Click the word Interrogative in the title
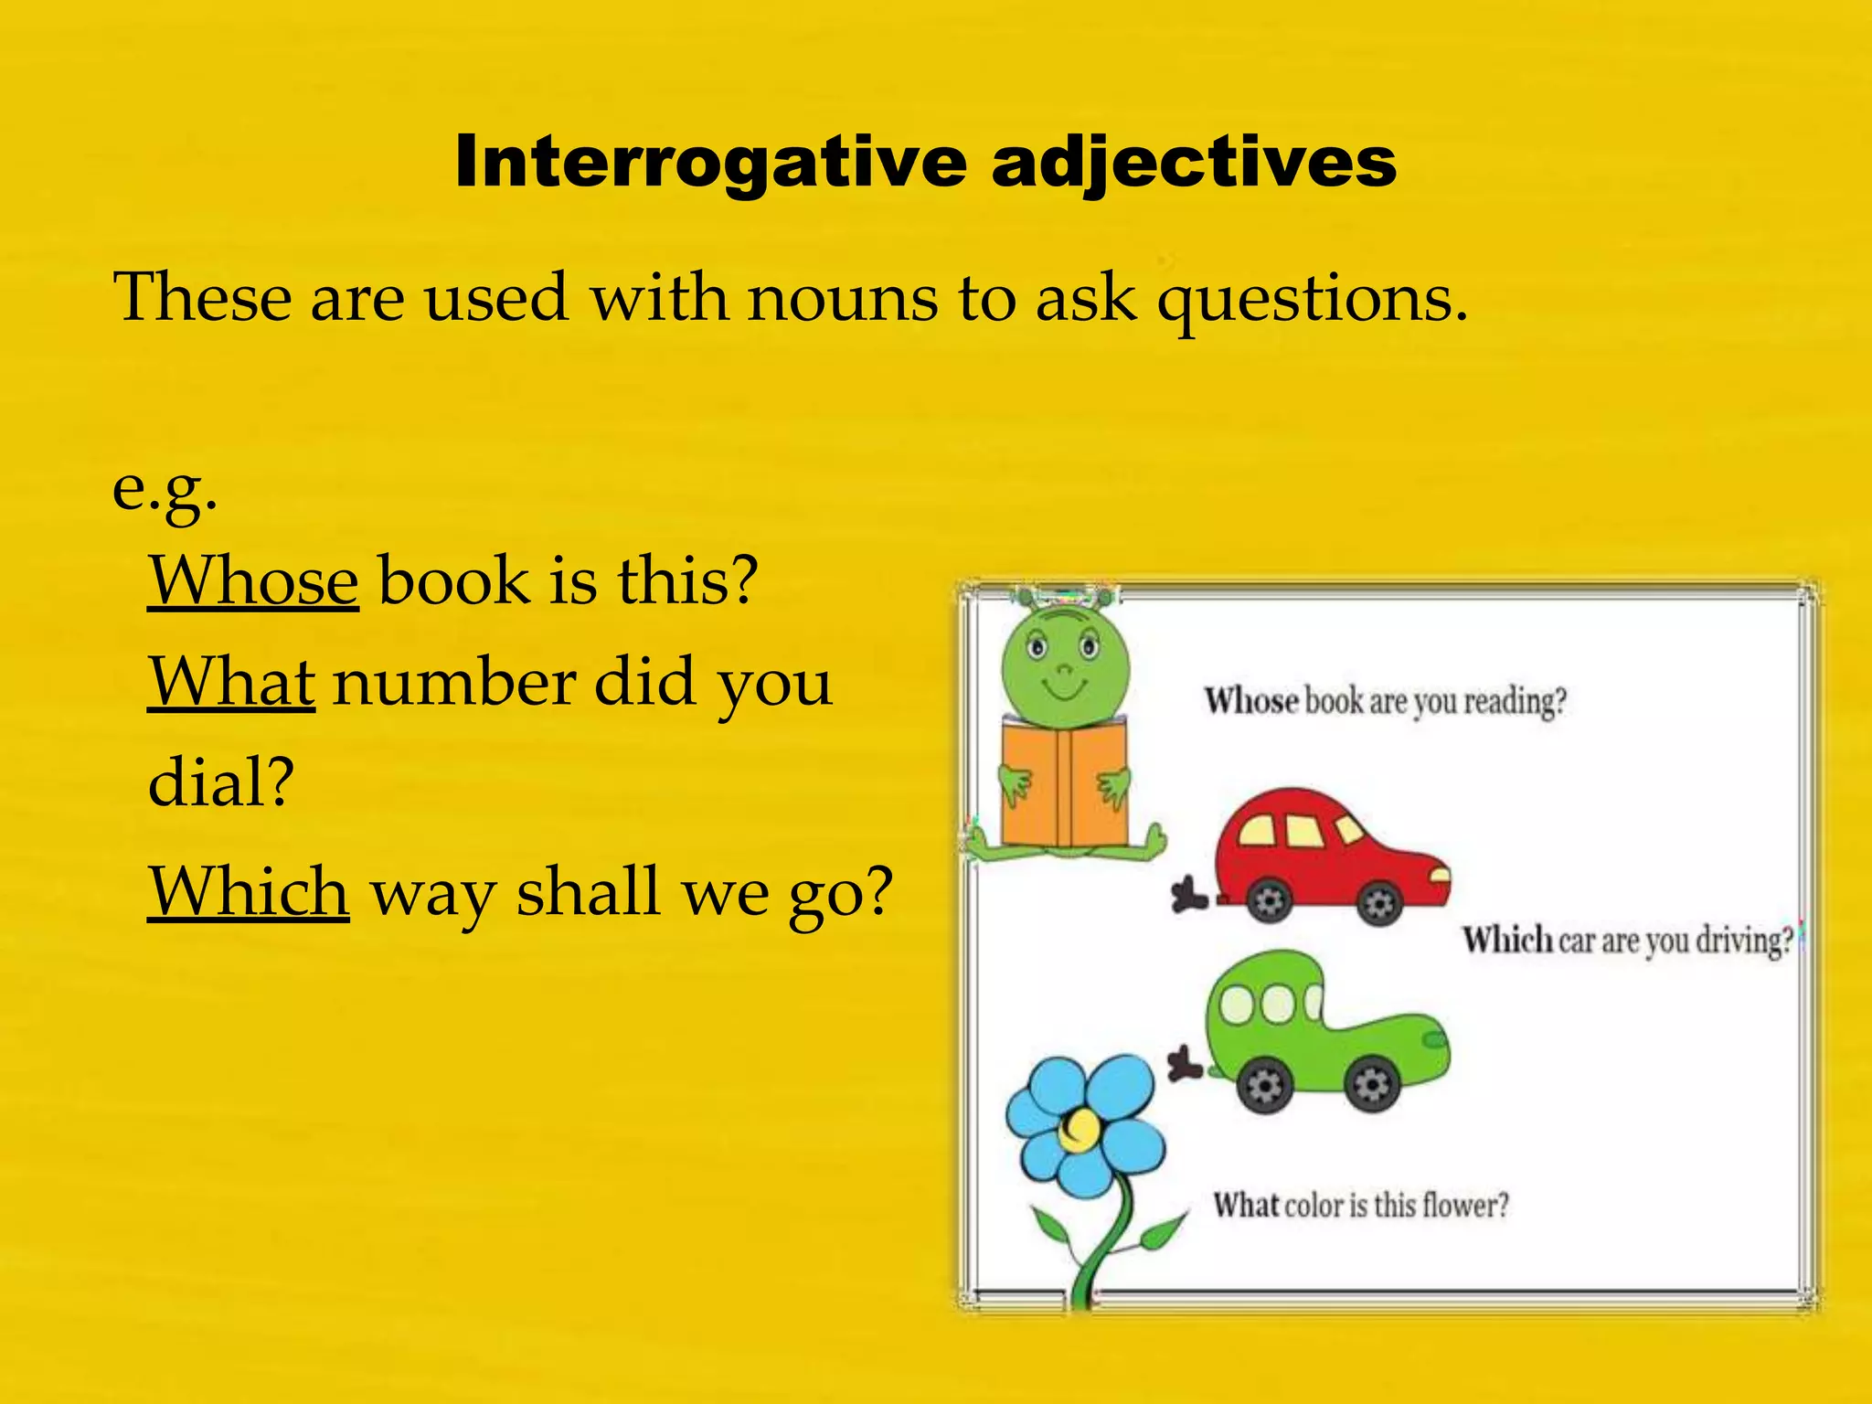click(x=710, y=162)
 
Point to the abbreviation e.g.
click(x=165, y=490)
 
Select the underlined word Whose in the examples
click(x=253, y=580)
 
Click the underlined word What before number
click(x=231, y=682)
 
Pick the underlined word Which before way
click(x=248, y=891)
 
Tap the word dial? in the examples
click(x=221, y=783)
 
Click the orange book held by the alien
click(x=1064, y=782)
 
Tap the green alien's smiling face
click(x=1065, y=667)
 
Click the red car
click(x=1331, y=855)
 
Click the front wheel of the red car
click(x=1378, y=904)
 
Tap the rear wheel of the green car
click(x=1265, y=1086)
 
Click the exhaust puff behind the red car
click(x=1187, y=894)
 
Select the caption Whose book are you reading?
click(x=1385, y=701)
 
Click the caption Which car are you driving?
click(x=1628, y=941)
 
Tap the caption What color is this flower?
click(x=1360, y=1205)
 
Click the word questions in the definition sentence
click(x=1313, y=300)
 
